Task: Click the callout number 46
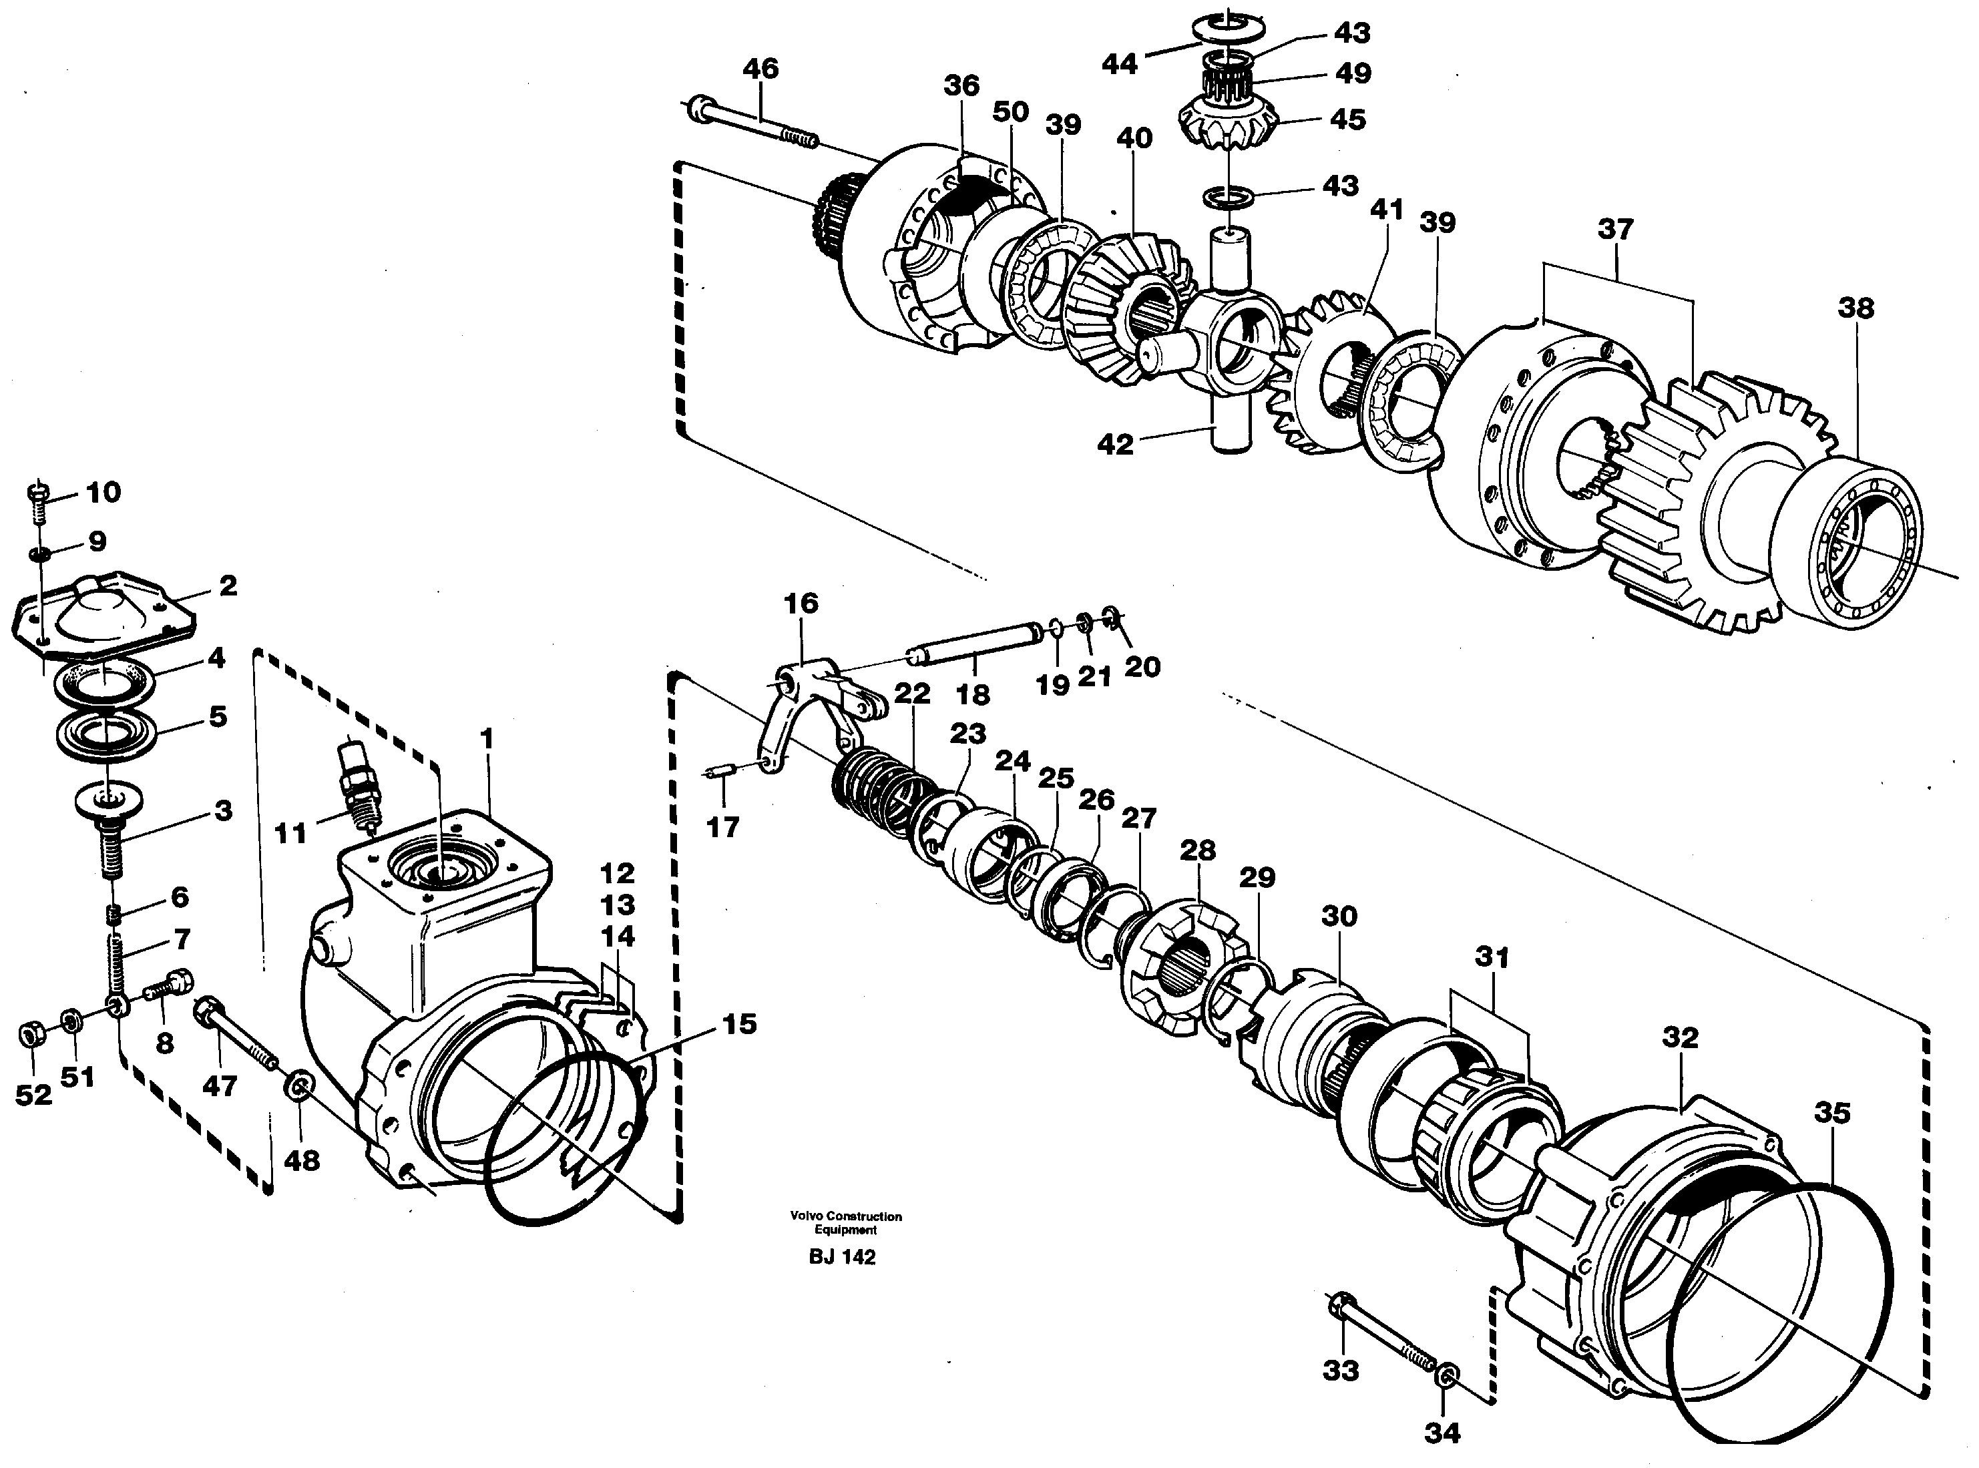tap(760, 68)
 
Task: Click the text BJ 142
tap(843, 1258)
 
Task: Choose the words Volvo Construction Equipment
tap(846, 1223)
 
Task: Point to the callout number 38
tap(1855, 308)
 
